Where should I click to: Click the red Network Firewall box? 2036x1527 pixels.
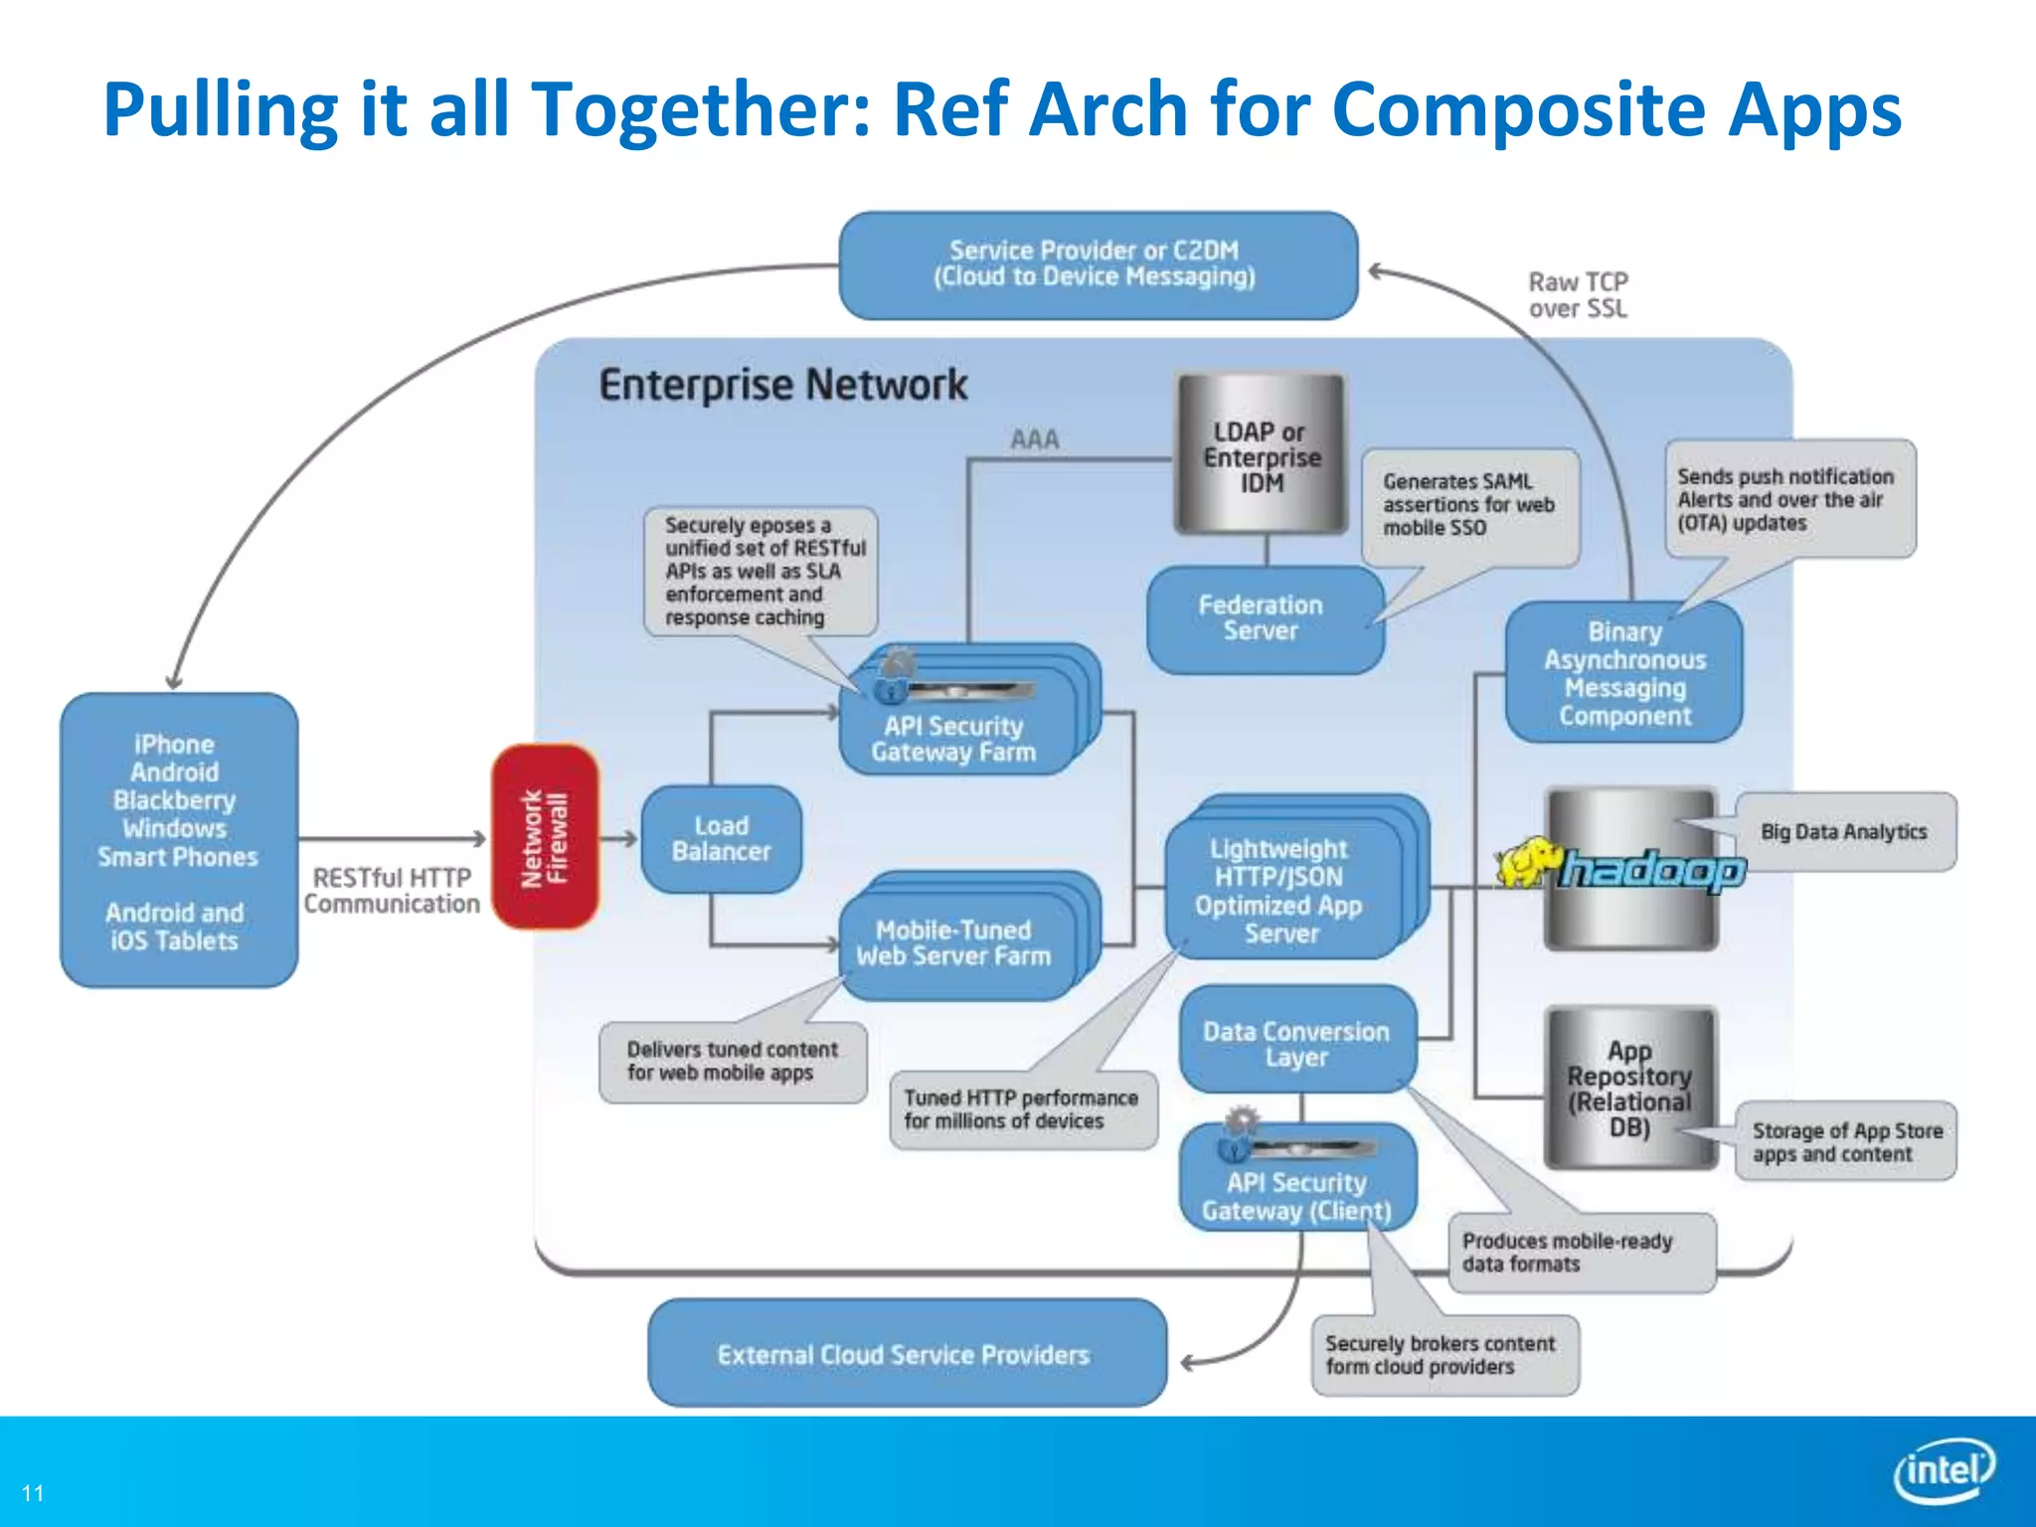tap(545, 837)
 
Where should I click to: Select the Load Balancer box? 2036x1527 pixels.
tap(721, 839)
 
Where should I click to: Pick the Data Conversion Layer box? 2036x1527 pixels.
tap(1295, 1043)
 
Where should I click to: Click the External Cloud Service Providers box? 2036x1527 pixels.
tap(904, 1354)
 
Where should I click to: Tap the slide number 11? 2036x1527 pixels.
tap(33, 1493)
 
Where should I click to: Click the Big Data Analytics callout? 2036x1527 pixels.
tap(1844, 832)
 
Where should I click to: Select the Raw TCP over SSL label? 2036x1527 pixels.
tap(1578, 295)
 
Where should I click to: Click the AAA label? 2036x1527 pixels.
tap(1034, 439)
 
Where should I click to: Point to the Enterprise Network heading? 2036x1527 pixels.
tap(782, 386)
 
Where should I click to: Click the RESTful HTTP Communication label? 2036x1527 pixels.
tap(392, 891)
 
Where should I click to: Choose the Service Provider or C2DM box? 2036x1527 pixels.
tap(1097, 264)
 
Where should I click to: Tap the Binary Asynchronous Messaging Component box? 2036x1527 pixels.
tap(1624, 674)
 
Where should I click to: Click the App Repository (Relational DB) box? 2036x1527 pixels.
tap(1629, 1088)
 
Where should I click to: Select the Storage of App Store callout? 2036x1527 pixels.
tap(1846, 1141)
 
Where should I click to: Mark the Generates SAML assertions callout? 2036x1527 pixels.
tap(1468, 504)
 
